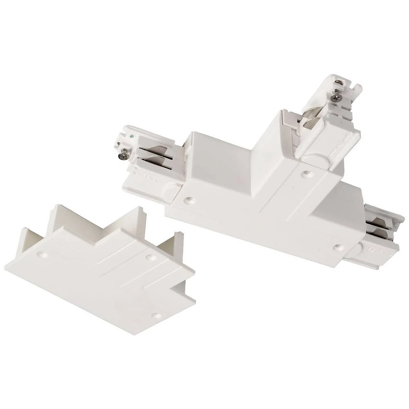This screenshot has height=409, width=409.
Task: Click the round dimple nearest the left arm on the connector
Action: coord(188,201)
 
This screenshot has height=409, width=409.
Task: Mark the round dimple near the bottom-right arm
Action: coord(337,247)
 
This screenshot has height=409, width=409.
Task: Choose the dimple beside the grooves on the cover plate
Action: coord(150,258)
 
